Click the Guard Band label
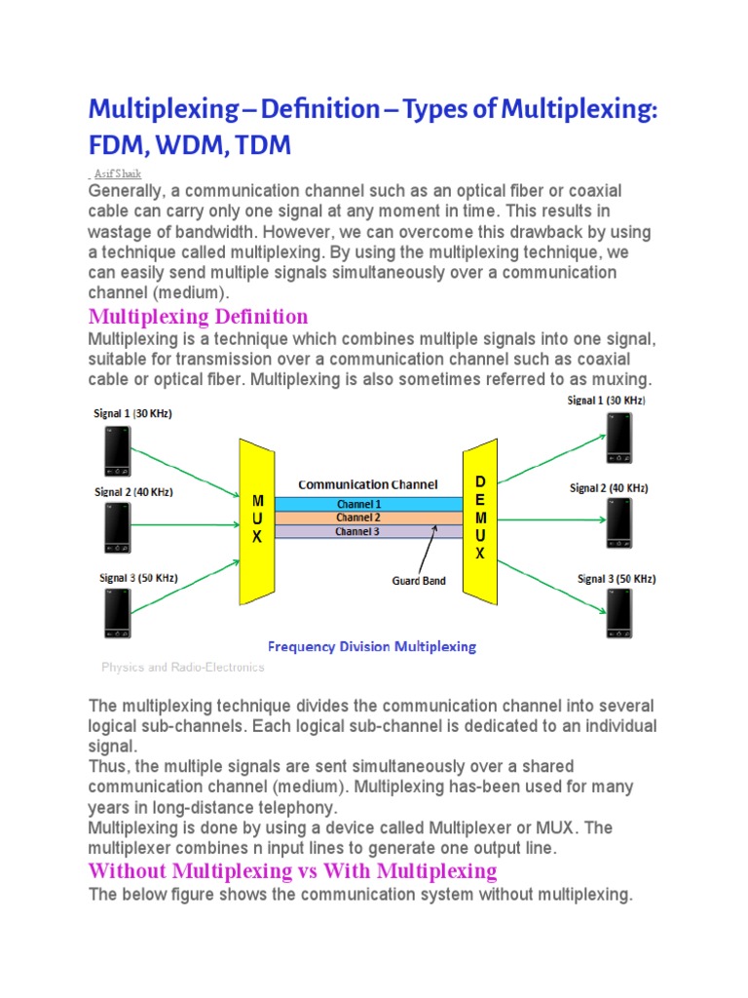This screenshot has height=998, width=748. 419,581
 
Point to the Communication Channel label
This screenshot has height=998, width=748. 367,483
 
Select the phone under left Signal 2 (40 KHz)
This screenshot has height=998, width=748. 117,527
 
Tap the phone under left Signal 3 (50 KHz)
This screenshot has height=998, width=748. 117,613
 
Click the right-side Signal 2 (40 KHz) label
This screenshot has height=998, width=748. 609,488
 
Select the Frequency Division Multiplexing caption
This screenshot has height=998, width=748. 372,646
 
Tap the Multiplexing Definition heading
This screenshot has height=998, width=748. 199,317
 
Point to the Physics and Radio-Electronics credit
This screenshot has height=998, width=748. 183,668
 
